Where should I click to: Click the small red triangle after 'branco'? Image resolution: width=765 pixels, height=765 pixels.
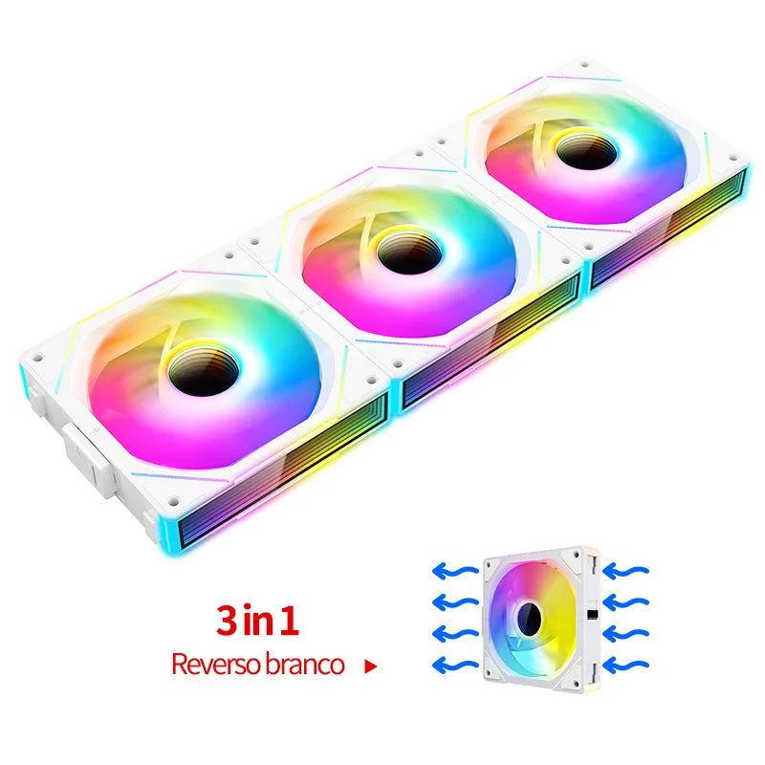point(371,667)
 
